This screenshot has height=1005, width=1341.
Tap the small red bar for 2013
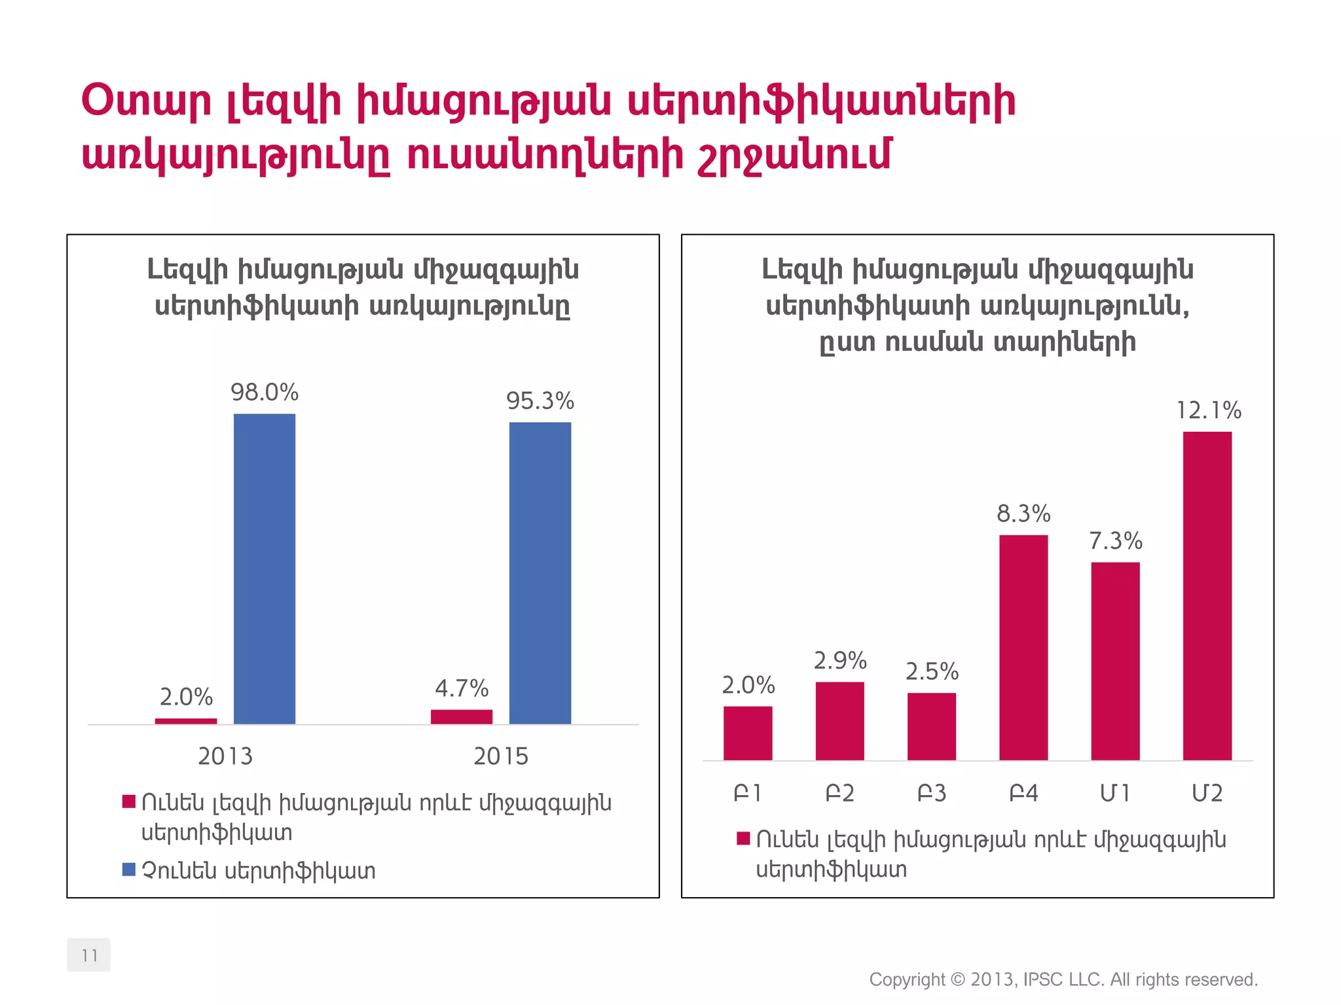pos(186,721)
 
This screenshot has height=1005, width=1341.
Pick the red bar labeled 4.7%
pos(462,716)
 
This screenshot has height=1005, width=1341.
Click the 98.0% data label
pos(265,393)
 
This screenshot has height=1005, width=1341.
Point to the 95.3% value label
pos(540,401)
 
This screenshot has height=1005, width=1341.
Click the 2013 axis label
pos(225,756)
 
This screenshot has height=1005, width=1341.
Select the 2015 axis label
pos(501,756)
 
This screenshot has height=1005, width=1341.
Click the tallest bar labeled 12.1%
pos(1207,595)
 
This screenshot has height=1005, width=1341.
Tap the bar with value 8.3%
pos(1023,647)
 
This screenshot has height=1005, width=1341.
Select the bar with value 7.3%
pos(1115,661)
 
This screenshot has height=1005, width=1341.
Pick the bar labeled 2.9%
pos(840,720)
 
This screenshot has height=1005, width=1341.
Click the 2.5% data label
pos(932,672)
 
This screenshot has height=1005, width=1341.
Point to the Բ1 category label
pos(748,793)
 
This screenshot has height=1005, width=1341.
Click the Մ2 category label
pos(1207,793)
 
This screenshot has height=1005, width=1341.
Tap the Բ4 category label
pos(1023,793)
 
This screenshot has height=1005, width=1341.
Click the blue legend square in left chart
pos(129,870)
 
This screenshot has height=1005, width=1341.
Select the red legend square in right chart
pos(743,839)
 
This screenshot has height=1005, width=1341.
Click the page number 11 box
pos(89,955)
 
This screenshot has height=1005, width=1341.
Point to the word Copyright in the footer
pos(906,979)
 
